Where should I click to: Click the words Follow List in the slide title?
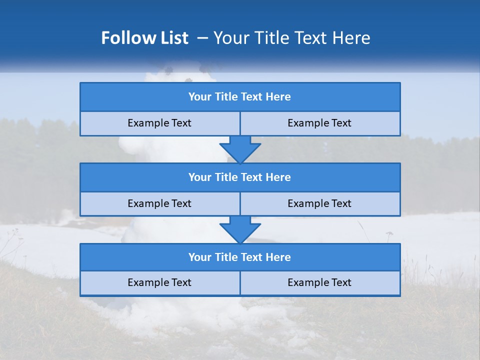pyautogui.click(x=144, y=38)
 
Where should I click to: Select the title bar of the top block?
pyautogui.click(x=240, y=97)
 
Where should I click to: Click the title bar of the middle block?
pyautogui.click(x=240, y=177)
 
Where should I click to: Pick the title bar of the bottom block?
pyautogui.click(x=240, y=257)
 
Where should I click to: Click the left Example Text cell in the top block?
pyautogui.click(x=159, y=123)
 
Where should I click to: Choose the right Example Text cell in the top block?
pyautogui.click(x=319, y=123)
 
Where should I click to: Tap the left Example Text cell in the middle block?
pyautogui.click(x=159, y=203)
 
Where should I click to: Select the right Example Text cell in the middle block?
pyautogui.click(x=319, y=203)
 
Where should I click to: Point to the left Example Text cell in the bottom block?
pyautogui.click(x=159, y=282)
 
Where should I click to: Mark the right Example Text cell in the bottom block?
pyautogui.click(x=319, y=282)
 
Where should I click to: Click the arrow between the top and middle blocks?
pyautogui.click(x=240, y=149)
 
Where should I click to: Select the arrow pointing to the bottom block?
pyautogui.click(x=240, y=229)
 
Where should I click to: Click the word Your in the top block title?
pyautogui.click(x=200, y=97)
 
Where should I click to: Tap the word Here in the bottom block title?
pyautogui.click(x=278, y=257)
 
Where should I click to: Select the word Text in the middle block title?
pyautogui.click(x=252, y=177)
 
